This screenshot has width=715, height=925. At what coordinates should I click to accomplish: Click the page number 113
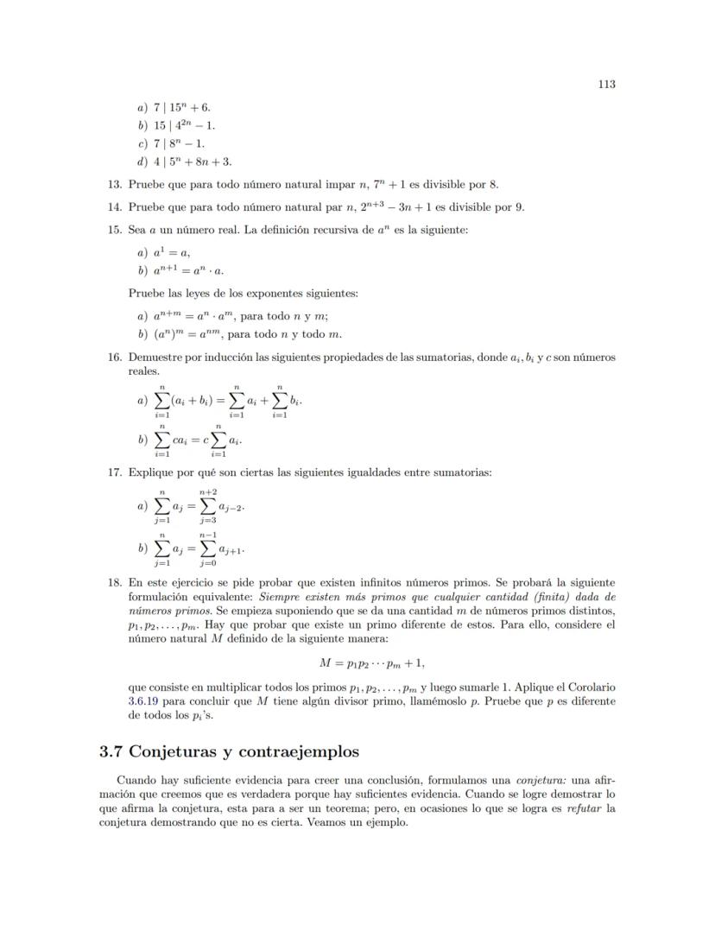click(x=605, y=84)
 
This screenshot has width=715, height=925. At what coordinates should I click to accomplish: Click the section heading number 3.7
click(x=113, y=751)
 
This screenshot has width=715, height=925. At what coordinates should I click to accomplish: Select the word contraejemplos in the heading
click(x=294, y=751)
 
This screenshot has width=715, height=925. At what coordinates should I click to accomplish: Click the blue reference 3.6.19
click(x=145, y=701)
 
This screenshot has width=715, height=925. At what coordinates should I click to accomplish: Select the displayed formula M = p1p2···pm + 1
click(x=372, y=663)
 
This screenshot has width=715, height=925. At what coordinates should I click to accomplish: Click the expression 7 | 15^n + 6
click(x=182, y=107)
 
